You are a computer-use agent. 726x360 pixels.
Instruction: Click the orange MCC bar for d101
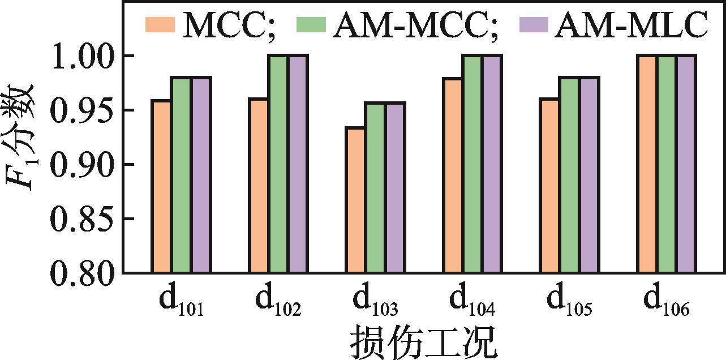click(x=162, y=187)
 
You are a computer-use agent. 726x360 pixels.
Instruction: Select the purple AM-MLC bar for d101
click(x=200, y=175)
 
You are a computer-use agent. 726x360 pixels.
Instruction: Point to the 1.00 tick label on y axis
click(x=81, y=56)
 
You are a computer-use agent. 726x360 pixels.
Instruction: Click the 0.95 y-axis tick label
click(x=81, y=110)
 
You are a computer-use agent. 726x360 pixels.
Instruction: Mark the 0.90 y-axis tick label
click(x=81, y=165)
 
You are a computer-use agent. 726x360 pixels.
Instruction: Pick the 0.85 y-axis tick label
click(x=81, y=219)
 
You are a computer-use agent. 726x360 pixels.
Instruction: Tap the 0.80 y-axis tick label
click(x=81, y=273)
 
